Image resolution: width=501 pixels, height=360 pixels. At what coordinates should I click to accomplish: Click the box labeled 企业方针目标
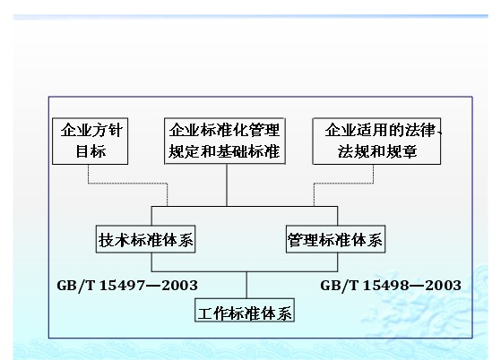click(91, 141)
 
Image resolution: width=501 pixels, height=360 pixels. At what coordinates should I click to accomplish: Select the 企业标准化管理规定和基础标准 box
click(225, 141)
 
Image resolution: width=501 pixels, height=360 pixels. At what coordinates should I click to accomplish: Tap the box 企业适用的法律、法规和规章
click(376, 141)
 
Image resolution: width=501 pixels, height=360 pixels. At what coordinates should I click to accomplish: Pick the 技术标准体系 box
click(146, 239)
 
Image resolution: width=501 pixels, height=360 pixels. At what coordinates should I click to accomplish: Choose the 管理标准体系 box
click(335, 239)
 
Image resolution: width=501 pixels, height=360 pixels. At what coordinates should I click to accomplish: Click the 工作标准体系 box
click(245, 310)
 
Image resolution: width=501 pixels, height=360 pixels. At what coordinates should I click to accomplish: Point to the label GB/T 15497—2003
click(127, 286)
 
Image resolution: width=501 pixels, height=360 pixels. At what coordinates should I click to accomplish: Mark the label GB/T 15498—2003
click(391, 286)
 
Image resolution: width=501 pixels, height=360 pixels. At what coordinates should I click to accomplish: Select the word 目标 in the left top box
click(91, 151)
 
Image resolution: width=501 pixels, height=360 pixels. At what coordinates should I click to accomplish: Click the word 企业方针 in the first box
click(91, 130)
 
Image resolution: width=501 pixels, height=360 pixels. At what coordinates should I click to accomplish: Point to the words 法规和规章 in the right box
click(377, 151)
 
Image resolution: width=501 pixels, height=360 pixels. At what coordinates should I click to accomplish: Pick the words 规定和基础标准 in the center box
click(224, 151)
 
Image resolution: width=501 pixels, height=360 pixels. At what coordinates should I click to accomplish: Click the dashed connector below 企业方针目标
click(128, 184)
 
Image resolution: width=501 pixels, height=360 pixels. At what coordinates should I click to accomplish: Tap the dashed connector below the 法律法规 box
click(344, 184)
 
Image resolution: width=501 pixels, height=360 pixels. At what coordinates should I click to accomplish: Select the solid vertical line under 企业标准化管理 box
click(227, 185)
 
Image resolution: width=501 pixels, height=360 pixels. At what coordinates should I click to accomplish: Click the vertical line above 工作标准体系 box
click(246, 285)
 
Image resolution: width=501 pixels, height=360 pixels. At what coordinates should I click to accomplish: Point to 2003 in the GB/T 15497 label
click(179, 286)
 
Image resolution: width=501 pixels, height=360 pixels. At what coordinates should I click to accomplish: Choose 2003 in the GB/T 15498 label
click(443, 286)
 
